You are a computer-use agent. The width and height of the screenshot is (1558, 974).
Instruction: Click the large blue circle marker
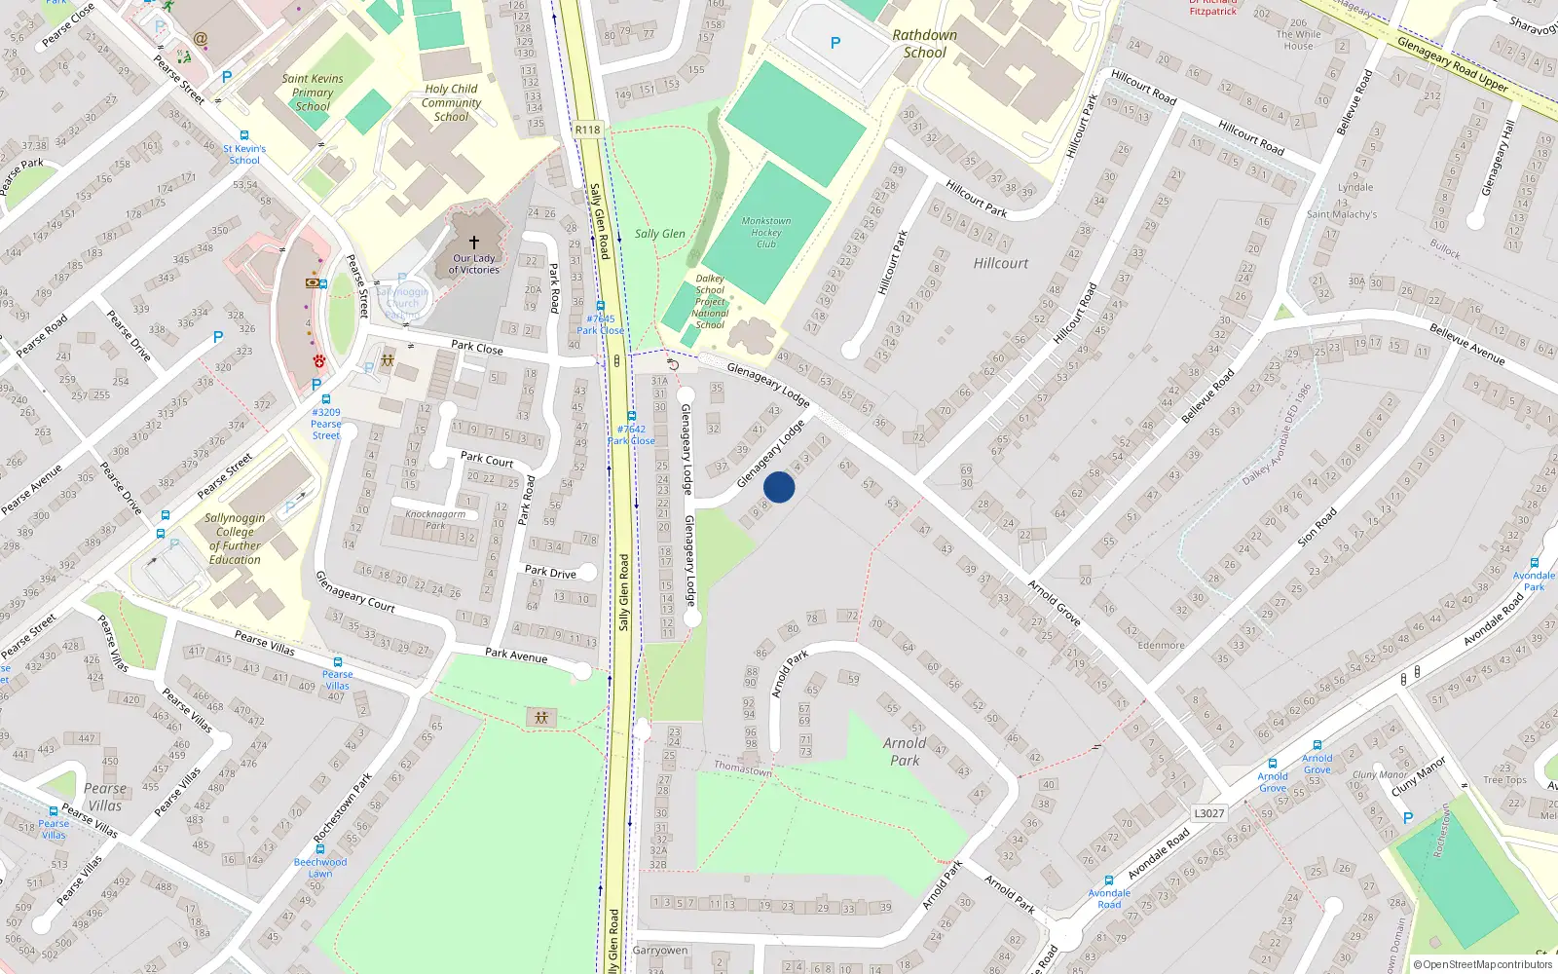779,487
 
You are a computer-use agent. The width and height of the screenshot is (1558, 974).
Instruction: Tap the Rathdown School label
924,44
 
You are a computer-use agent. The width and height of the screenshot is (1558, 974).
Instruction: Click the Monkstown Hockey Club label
766,232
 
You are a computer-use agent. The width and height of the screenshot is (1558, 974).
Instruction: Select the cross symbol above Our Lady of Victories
474,242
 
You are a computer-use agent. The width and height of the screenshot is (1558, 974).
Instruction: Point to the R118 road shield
588,130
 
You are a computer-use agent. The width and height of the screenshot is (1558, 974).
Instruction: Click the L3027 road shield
1208,813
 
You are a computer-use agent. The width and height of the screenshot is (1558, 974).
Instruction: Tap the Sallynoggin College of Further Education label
235,539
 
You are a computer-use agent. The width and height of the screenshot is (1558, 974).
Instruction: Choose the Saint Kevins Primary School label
313,93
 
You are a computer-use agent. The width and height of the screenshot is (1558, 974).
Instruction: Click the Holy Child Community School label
451,102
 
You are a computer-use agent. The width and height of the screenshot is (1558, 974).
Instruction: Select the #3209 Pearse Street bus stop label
326,424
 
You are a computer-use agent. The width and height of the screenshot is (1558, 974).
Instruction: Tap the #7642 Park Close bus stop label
631,434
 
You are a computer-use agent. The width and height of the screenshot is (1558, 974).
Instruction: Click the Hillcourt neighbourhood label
1000,263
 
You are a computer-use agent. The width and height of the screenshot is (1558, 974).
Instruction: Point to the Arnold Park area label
905,751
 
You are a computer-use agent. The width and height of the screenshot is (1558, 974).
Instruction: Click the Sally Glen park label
660,234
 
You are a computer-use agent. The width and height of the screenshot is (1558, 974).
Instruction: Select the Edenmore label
1161,645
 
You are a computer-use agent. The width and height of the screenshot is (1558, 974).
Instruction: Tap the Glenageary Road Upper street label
1452,65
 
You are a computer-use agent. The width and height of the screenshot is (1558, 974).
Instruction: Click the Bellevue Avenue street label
1466,345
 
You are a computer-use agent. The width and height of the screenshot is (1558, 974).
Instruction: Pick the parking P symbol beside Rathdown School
835,43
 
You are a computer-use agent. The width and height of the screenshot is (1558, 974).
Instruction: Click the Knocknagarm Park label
435,519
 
